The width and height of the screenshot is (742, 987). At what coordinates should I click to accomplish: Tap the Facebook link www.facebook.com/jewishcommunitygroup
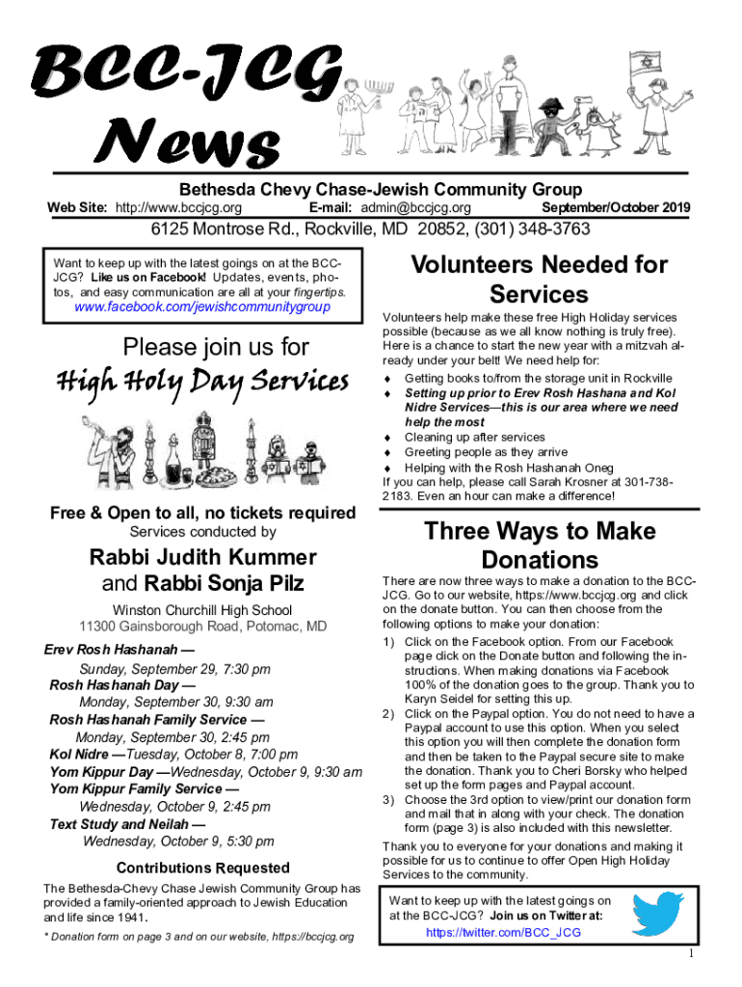[202, 307]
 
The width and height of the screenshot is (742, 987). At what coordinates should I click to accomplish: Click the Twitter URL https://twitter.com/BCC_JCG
[503, 932]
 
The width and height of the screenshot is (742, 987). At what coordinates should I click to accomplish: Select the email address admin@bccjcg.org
[416, 208]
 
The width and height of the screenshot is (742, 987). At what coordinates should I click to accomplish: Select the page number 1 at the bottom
[691, 953]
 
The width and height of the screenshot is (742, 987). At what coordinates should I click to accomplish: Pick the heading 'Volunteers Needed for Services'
[539, 279]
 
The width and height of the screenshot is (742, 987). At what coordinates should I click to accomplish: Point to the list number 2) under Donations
[389, 713]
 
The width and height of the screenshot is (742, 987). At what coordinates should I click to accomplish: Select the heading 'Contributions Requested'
[202, 867]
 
